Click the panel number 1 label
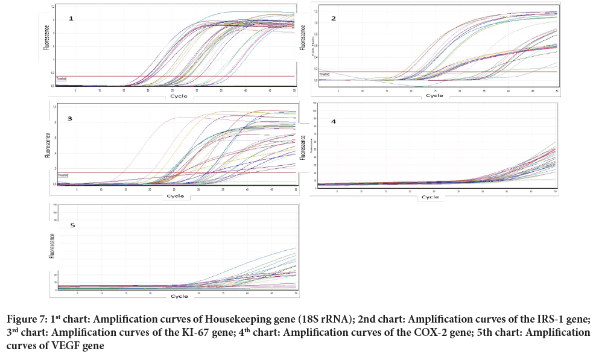(x=71, y=19)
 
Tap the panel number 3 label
(x=70, y=118)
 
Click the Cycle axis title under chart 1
(x=179, y=96)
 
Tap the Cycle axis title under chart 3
(x=176, y=195)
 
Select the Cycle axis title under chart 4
(x=430, y=197)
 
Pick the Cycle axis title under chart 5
(x=179, y=296)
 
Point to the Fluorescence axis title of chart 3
(x=48, y=145)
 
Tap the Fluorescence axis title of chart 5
(x=52, y=246)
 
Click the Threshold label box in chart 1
(x=61, y=78)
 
